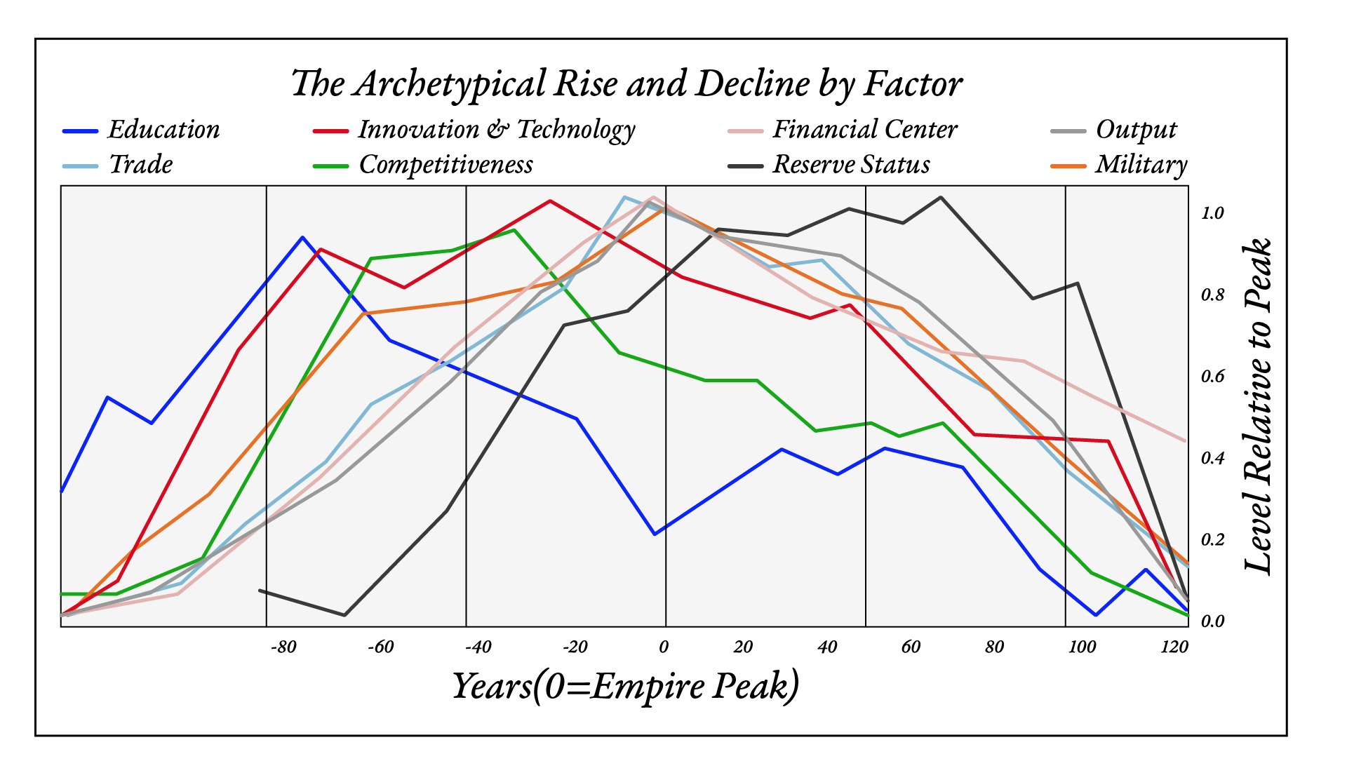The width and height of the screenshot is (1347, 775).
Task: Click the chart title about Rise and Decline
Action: [626, 84]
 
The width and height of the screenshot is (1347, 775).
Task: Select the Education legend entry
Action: [163, 130]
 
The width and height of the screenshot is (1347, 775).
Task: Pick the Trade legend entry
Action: [140, 165]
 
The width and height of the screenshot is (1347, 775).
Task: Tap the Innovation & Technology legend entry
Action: [496, 130]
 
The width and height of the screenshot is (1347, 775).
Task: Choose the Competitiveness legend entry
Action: [445, 165]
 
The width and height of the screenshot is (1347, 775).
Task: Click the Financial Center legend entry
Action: [864, 130]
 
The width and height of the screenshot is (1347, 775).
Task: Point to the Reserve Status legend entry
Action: [851, 165]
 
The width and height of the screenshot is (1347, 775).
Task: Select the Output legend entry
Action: [1136, 130]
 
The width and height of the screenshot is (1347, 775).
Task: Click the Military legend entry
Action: [1141, 165]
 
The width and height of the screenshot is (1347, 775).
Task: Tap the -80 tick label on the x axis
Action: [283, 647]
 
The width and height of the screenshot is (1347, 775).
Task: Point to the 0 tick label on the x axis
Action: [664, 647]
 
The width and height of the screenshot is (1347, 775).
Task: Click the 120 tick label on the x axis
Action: [1174, 647]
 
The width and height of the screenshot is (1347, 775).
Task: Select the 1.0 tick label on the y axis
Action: [1212, 213]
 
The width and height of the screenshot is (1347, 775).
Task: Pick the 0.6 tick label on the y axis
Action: [1212, 377]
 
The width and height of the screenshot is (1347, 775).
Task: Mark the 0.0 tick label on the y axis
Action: [1212, 621]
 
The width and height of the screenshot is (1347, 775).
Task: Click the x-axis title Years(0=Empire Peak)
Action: [625, 686]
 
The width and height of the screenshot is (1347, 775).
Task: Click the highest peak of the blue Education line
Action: [302, 237]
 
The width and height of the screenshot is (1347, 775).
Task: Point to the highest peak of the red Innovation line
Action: [550, 201]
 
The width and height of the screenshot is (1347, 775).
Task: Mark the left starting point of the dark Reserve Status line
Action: [260, 591]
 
